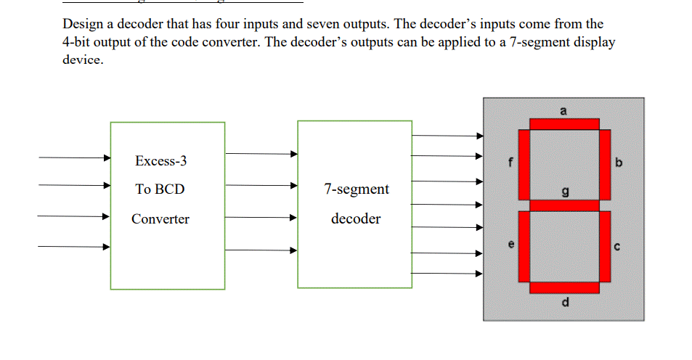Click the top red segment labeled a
(564, 124)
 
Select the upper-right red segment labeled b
(604, 165)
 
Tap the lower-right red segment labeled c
(604, 246)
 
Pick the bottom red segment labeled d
(564, 288)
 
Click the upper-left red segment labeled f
(524, 165)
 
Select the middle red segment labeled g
(564, 206)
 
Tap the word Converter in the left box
(160, 219)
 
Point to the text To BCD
(160, 189)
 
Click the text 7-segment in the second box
(356, 189)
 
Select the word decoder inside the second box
(356, 219)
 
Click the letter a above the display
(563, 110)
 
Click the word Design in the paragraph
(84, 24)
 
